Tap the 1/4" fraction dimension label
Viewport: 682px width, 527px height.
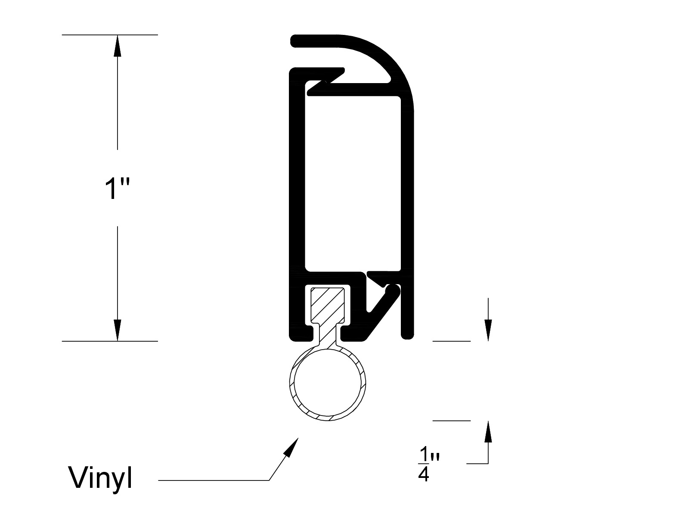point(429,464)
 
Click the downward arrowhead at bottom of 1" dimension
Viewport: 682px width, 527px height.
point(118,330)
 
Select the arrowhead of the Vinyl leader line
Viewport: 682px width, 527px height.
point(291,446)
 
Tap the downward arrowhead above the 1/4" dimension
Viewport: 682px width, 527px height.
point(488,330)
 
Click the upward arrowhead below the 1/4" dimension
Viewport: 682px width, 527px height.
point(488,431)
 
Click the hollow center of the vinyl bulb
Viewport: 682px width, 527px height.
point(327,384)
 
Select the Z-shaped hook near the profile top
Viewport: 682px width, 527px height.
point(326,81)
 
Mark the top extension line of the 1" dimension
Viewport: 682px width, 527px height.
point(110,35)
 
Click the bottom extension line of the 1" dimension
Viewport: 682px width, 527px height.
point(110,341)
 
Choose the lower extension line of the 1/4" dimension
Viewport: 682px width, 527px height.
point(452,421)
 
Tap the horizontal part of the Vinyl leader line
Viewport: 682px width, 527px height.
point(214,480)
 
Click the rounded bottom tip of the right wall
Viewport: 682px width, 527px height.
point(407,335)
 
